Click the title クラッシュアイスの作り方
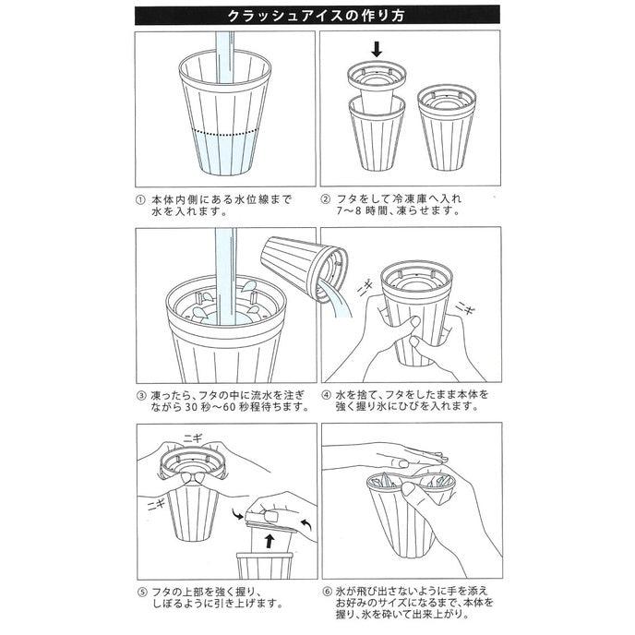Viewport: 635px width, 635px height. [x=317, y=16]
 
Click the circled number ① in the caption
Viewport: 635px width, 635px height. [x=138, y=198]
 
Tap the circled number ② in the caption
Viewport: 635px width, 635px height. [x=325, y=198]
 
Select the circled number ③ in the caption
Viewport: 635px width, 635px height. [x=138, y=394]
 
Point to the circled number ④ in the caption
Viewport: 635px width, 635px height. [x=325, y=394]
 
